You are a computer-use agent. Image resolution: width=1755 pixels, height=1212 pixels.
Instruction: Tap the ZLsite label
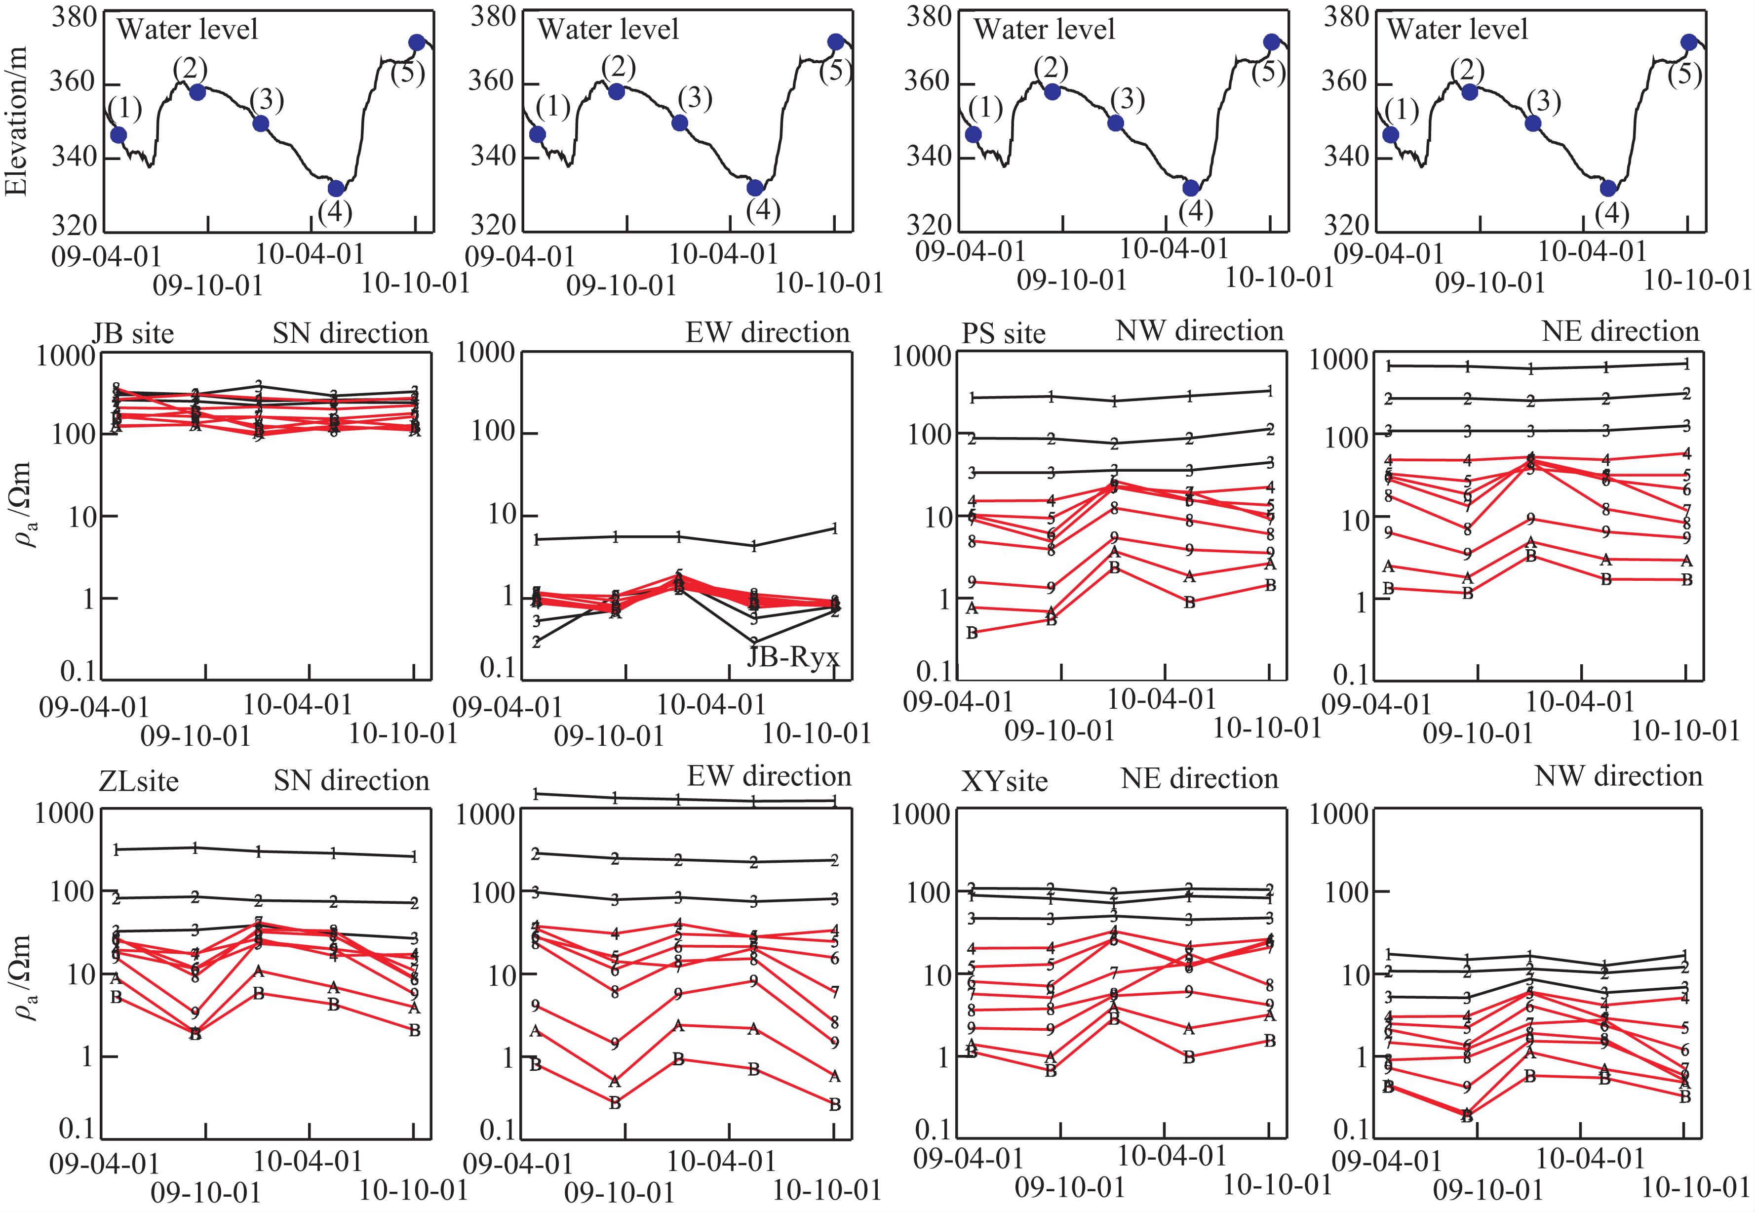138,781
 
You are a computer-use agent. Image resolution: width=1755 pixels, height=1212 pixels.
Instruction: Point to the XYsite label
1004,781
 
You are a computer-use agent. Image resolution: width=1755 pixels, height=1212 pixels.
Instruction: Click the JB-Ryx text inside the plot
793,656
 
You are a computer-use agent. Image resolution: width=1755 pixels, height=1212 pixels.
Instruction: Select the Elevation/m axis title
17,121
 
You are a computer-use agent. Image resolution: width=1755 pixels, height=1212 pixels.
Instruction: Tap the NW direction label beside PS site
1199,330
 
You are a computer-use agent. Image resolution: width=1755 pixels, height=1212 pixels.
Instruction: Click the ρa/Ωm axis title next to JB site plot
23,505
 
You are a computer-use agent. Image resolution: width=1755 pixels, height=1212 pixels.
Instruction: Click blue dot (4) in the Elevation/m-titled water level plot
336,188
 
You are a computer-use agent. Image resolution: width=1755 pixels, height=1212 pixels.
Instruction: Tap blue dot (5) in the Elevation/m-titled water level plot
416,42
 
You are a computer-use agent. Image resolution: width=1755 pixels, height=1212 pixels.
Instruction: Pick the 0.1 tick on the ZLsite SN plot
78,1129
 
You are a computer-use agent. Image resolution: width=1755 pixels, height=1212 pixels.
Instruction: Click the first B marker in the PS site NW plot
972,633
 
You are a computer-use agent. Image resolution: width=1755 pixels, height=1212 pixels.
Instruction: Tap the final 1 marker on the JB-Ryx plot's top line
834,528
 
